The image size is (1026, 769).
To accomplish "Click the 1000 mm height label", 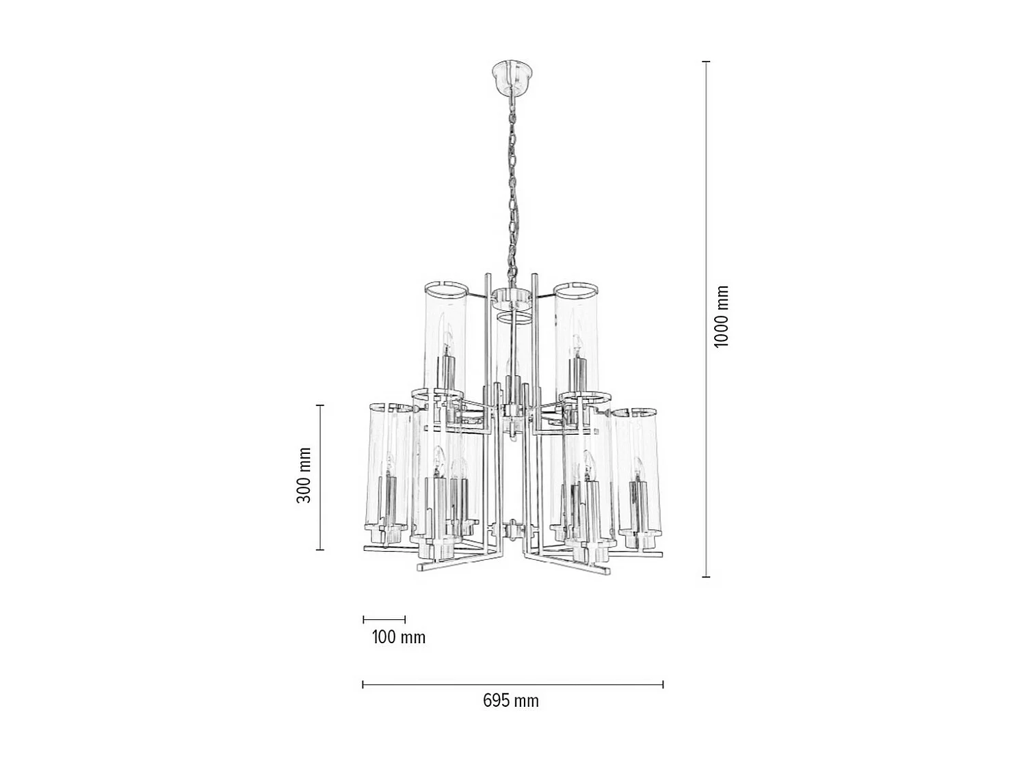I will click(x=722, y=316).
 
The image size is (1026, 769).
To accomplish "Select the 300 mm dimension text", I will click(x=304, y=476).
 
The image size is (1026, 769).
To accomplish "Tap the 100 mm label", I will click(x=398, y=637).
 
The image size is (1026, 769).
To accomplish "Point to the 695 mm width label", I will click(x=510, y=701).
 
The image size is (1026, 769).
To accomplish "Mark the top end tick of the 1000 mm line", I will click(x=707, y=62).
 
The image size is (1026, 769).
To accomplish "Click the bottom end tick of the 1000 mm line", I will click(x=707, y=577).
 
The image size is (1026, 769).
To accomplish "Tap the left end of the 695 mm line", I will click(x=363, y=684).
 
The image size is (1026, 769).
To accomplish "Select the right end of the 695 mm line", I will click(x=663, y=684).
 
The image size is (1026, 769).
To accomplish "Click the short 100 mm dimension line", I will click(x=384, y=620).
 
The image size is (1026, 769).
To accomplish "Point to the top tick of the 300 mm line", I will click(x=319, y=405).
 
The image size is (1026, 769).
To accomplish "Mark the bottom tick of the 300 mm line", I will click(x=319, y=550).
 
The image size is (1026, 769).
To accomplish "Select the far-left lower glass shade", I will click(x=387, y=472).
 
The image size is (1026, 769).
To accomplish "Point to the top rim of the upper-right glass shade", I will click(x=576, y=287).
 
